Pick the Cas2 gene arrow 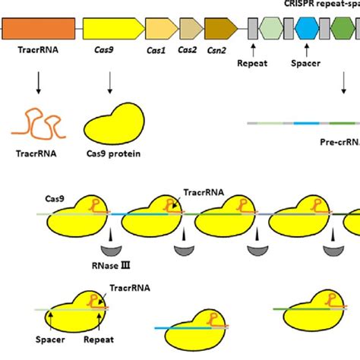point(188,29)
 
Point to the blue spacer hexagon point(307,29)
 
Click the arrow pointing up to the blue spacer point(307,56)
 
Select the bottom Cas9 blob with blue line point(193,325)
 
